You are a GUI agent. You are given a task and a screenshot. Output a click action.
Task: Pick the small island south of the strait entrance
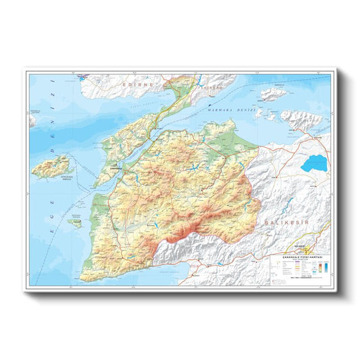coord(75,220)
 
